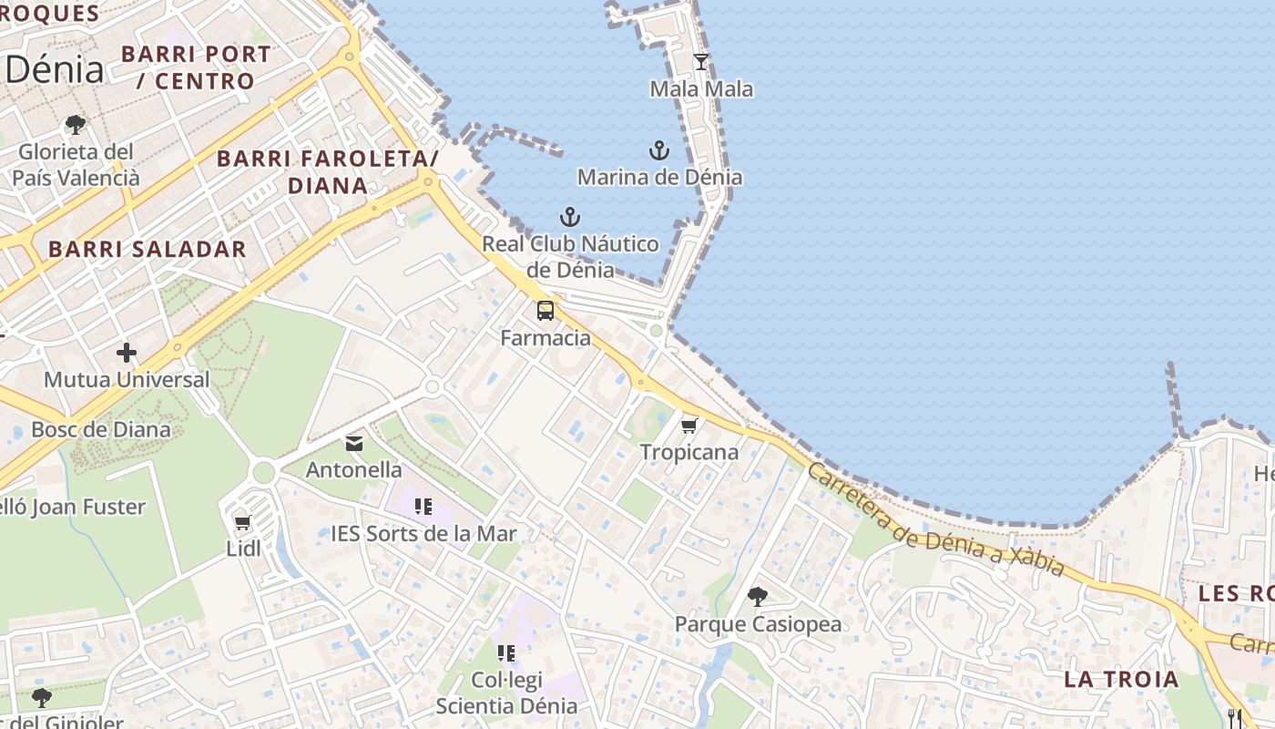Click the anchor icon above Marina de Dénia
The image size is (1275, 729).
coord(658,150)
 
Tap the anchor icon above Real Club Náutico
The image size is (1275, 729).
coord(569,217)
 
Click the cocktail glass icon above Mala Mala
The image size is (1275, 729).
coord(700,62)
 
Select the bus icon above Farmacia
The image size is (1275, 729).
coord(546,311)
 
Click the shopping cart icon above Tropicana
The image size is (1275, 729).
coord(689,426)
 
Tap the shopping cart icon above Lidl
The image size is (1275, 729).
coord(242,522)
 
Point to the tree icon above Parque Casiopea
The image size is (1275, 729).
coord(757,597)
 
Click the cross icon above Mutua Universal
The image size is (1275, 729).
coord(127,353)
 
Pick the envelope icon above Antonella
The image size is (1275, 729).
coord(354,444)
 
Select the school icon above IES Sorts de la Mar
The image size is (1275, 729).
coord(423,507)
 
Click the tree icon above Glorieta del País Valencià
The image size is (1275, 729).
coord(76,125)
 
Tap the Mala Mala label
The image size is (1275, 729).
coord(701,89)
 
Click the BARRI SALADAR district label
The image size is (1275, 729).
coord(148,249)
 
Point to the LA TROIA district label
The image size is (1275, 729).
coord(1121,679)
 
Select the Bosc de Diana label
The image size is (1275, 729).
coord(101,429)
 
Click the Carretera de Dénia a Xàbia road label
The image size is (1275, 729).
coord(935,521)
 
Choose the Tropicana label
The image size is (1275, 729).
coord(689,452)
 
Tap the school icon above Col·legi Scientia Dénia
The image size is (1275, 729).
coord(506,652)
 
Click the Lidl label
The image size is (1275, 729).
coord(243,549)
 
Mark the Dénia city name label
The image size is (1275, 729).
coord(55,69)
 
